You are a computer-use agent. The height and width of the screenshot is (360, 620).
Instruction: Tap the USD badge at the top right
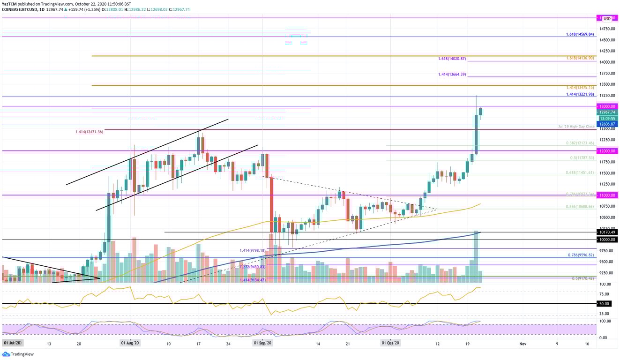pyautogui.click(x=607, y=19)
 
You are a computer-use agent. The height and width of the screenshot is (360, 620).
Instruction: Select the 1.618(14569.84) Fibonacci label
pyautogui.click(x=580, y=34)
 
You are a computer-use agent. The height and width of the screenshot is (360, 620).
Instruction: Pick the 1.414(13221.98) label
pyautogui.click(x=580, y=94)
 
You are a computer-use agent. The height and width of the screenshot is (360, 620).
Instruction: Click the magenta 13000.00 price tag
pyautogui.click(x=607, y=106)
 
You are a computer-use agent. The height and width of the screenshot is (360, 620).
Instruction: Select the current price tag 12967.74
pyautogui.click(x=607, y=112)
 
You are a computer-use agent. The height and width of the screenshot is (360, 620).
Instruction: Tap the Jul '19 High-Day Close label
pyautogui.click(x=576, y=127)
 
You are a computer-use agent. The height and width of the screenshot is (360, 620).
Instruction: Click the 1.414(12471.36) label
pyautogui.click(x=89, y=132)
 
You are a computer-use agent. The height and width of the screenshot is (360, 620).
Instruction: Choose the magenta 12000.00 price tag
pyautogui.click(x=607, y=151)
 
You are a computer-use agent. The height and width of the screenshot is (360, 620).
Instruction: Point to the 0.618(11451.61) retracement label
pyautogui.click(x=580, y=172)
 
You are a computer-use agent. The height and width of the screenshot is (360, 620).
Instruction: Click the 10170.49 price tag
pyautogui.click(x=607, y=232)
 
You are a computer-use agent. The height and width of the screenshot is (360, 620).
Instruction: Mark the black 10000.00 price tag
pyautogui.click(x=607, y=240)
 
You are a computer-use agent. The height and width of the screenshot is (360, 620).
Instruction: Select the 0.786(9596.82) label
pyautogui.click(x=580, y=255)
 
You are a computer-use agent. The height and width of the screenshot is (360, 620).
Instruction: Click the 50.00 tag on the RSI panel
pyautogui.click(x=607, y=304)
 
